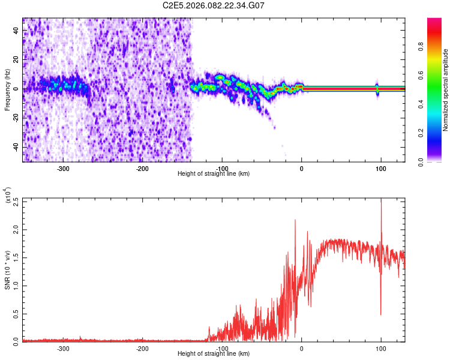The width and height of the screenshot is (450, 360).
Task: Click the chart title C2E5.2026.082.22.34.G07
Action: pyautogui.click(x=214, y=5)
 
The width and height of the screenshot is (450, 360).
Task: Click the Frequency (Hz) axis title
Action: pyautogui.click(x=7, y=89)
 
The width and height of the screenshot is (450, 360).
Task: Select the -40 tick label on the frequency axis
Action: pyautogui.click(x=17, y=147)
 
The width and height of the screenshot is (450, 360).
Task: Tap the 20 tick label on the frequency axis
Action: pyautogui.click(x=17, y=60)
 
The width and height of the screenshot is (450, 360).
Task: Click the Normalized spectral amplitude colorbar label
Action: pyautogui.click(x=446, y=90)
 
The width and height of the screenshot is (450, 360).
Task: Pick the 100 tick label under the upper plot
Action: pyautogui.click(x=380, y=169)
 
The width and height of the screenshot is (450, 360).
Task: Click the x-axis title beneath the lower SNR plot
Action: pyautogui.click(x=214, y=354)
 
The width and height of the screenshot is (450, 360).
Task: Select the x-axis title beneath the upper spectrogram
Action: pyautogui.click(x=214, y=174)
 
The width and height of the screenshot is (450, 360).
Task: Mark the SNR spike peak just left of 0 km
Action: pyautogui.click(x=295, y=220)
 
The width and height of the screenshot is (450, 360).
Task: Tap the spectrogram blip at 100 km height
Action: pyautogui.click(x=377, y=89)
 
